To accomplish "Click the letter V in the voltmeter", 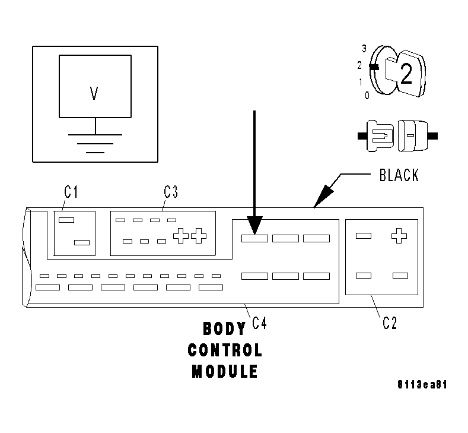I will click(x=94, y=93).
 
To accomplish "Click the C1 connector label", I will click(x=71, y=192).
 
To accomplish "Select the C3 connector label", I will click(x=171, y=192).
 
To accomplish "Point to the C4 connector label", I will click(x=259, y=323).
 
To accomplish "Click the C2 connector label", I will click(x=390, y=323).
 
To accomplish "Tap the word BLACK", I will click(x=398, y=175).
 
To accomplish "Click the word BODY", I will click(x=224, y=328).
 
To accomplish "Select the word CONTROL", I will click(x=224, y=350).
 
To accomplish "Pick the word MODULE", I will click(x=224, y=372).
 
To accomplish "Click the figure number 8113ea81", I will click(x=422, y=384).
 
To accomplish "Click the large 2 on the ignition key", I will click(x=406, y=74).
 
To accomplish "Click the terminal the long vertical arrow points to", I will click(x=254, y=239).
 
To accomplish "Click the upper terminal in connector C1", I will click(x=66, y=220).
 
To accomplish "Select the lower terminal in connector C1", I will click(x=82, y=242).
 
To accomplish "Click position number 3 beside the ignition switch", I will click(x=364, y=48).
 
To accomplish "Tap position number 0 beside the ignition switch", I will click(x=367, y=95).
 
